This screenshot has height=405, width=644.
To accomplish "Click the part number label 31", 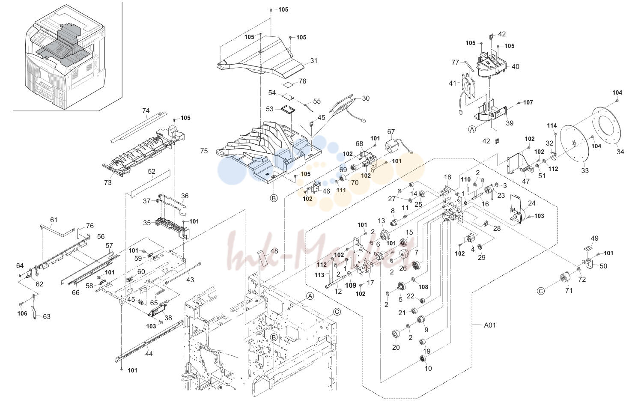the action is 314,61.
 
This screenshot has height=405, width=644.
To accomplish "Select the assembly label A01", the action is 490,325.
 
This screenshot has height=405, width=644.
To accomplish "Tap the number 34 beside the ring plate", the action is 620,152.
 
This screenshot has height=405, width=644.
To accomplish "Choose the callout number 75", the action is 204,151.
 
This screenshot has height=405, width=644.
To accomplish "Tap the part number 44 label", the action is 149,354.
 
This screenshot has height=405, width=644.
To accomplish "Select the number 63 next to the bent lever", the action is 47,316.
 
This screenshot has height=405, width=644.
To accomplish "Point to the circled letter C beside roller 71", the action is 541,291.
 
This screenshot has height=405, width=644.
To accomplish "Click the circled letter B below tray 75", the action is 274,198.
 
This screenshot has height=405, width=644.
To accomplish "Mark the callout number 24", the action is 531,203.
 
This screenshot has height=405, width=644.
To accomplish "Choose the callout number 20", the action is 396,347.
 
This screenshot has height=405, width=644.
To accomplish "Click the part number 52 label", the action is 152,171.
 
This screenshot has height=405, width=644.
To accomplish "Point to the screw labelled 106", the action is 21,304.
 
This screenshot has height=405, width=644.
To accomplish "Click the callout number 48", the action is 274,251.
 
